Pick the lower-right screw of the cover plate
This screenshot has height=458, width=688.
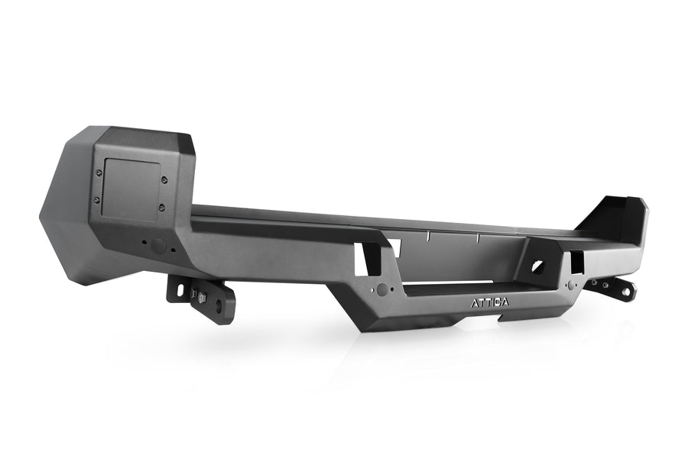[x=161, y=206]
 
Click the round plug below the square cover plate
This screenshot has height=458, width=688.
[x=157, y=247]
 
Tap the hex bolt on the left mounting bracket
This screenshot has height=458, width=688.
[x=202, y=293]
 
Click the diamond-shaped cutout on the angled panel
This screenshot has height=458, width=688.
[x=537, y=267]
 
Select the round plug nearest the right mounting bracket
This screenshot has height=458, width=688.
[x=570, y=285]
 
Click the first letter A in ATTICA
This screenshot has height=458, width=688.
[x=473, y=302]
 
